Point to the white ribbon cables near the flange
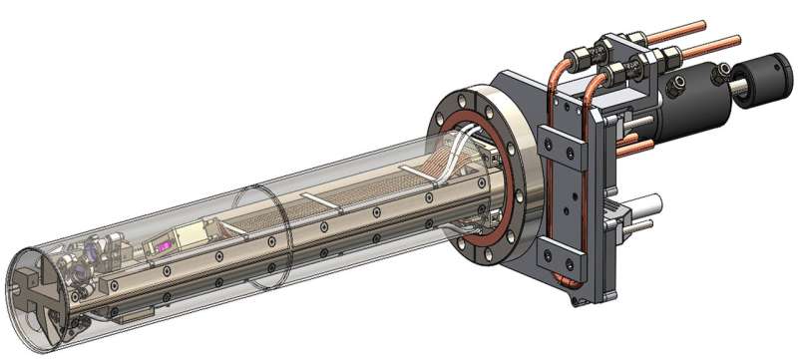tap(449, 160)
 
